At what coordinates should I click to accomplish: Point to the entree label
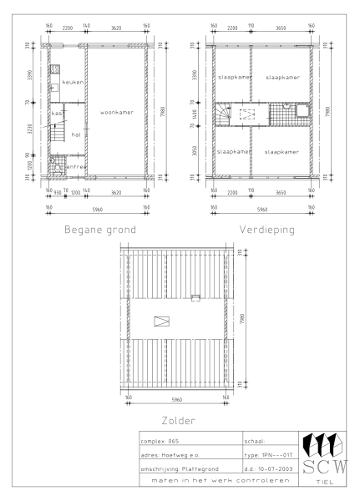pos(75,168)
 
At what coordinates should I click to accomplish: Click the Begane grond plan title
pos(98,228)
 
